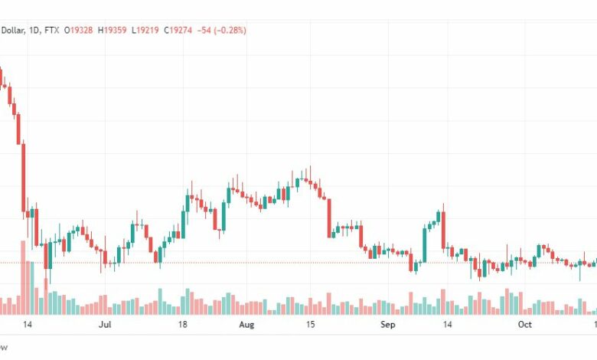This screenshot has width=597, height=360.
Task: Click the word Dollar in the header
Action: point(13,30)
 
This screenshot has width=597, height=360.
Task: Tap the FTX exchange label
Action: point(54,30)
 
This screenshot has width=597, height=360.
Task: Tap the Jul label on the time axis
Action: point(106,325)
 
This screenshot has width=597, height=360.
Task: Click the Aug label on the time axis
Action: point(246,325)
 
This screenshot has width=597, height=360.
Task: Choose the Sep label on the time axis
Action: point(387,325)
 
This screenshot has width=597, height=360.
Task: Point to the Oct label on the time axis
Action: point(525,325)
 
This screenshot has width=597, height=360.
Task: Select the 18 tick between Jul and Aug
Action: point(182,325)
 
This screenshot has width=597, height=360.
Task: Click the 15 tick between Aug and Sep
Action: point(310,325)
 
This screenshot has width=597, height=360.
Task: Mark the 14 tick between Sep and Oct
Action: point(448,325)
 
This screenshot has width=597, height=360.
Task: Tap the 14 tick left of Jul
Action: point(28,325)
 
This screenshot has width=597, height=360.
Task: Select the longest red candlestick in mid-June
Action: point(23,176)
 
